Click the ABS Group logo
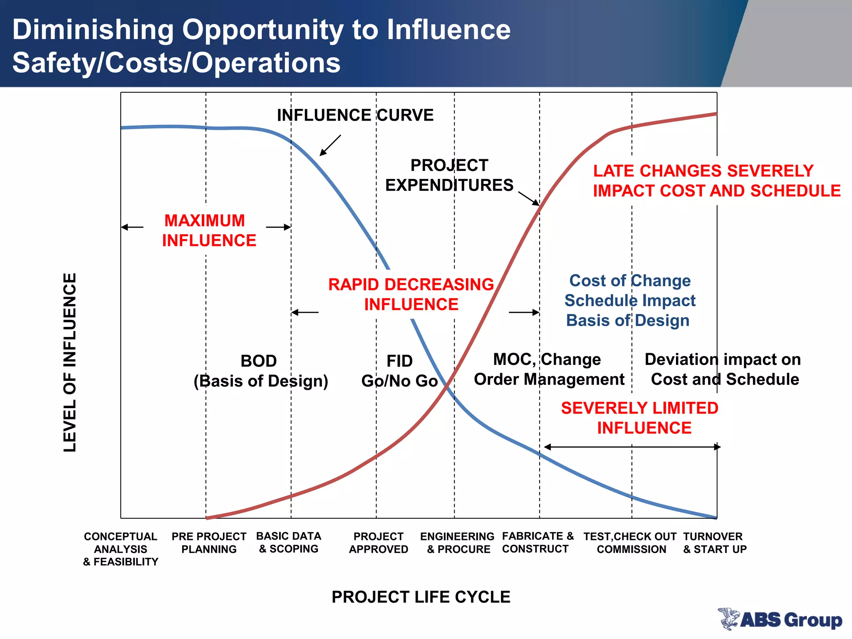[780, 619]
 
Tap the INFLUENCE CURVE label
[355, 115]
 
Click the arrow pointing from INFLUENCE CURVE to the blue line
[330, 145]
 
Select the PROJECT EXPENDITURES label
[449, 175]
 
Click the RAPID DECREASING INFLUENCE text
[411, 294]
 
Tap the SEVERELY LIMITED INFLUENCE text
[640, 418]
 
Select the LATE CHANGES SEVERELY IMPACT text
[716, 181]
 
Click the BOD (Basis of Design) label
[260, 371]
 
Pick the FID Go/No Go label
[399, 371]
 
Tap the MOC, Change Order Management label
[549, 369]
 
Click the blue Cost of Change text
[630, 280]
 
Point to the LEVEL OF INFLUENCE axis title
[70, 362]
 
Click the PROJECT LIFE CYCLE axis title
[421, 597]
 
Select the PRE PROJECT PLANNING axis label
[209, 542]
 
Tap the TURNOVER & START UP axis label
[714, 542]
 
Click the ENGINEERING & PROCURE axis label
[458, 542]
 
